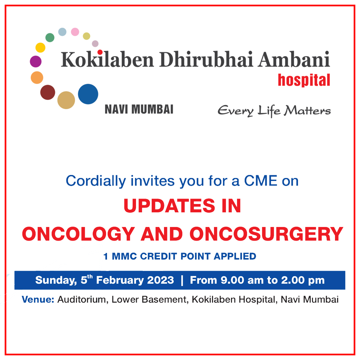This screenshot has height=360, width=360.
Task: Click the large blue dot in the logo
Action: click(88, 94)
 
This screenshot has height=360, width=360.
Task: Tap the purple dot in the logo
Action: click(36, 62)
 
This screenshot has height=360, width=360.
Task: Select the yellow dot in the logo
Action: click(40, 48)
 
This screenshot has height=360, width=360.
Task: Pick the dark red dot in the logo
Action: click(48, 92)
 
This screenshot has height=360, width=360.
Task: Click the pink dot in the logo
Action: click(75, 32)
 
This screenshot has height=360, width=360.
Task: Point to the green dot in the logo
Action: click(50, 38)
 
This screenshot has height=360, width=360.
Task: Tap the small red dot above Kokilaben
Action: click(100, 52)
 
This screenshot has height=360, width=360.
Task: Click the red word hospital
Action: click(304, 80)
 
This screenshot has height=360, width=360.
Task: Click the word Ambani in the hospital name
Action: click(294, 59)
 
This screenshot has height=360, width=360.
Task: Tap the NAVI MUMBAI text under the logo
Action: click(139, 109)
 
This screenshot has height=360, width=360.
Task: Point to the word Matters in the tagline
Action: click(307, 111)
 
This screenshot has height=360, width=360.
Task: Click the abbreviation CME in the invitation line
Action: click(261, 181)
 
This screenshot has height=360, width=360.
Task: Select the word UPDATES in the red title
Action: click(169, 206)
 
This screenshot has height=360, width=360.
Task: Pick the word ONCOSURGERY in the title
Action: click(266, 234)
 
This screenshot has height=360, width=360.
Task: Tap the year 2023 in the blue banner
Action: click(160, 280)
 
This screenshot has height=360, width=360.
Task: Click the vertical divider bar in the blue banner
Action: click(182, 280)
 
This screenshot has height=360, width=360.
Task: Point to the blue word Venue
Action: click(38, 300)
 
